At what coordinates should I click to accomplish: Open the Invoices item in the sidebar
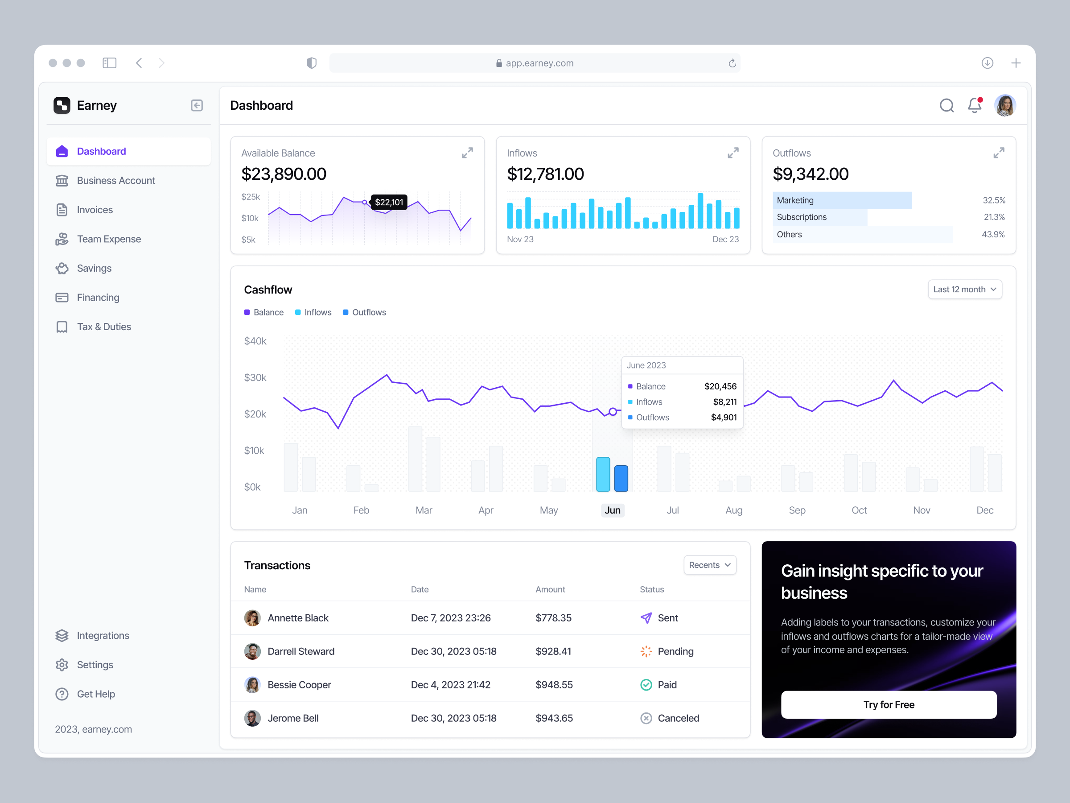[x=95, y=210]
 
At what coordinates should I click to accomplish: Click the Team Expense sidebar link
[x=108, y=239]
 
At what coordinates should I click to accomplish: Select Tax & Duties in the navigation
[x=103, y=327]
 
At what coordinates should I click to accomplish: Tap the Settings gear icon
[x=62, y=665]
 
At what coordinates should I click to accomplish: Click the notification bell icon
[x=974, y=105]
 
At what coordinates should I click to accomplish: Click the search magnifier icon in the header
[x=946, y=105]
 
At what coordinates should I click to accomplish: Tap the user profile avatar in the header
[x=1005, y=105]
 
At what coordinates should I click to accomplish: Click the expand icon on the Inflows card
[x=733, y=153]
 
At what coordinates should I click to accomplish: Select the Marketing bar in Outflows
[x=842, y=200]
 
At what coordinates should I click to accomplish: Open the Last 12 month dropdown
[x=964, y=290]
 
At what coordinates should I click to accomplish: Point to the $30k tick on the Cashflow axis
[x=255, y=377]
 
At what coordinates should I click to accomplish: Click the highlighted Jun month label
[x=613, y=510]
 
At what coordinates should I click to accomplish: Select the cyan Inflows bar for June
[x=603, y=474]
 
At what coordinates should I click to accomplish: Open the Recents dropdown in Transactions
[x=710, y=565]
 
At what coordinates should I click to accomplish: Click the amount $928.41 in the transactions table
[x=553, y=651]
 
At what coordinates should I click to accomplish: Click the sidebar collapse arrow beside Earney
[x=197, y=106]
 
